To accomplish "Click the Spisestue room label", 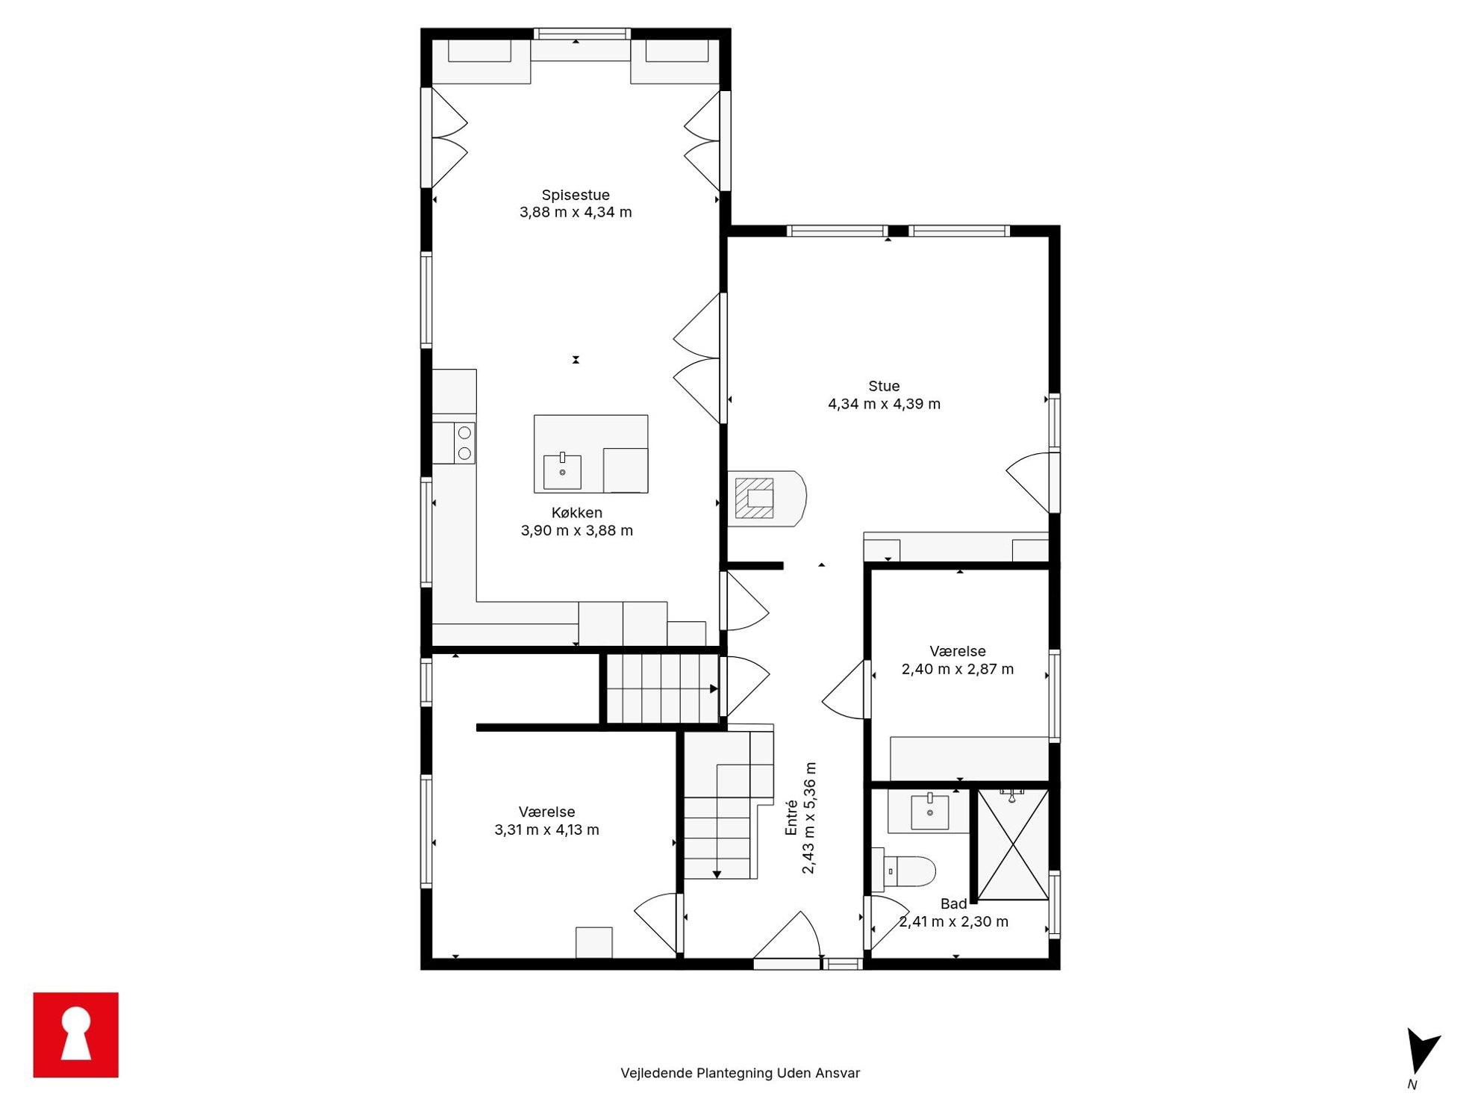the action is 576,195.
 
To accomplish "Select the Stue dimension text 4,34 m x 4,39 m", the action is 884,404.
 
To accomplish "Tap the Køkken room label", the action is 576,513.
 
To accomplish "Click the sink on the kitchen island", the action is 562,471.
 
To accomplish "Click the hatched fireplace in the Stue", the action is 755,498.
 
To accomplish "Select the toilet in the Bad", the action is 903,871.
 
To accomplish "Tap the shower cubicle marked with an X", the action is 1013,844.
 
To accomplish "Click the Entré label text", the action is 791,818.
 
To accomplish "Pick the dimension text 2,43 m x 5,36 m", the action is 809,818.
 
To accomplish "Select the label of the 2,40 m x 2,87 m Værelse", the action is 958,651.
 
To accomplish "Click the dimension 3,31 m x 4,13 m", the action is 546,830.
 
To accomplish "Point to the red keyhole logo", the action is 75,1035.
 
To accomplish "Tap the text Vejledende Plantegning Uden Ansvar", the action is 740,1073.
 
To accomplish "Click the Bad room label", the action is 953,904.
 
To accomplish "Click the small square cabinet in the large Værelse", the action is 593,942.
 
